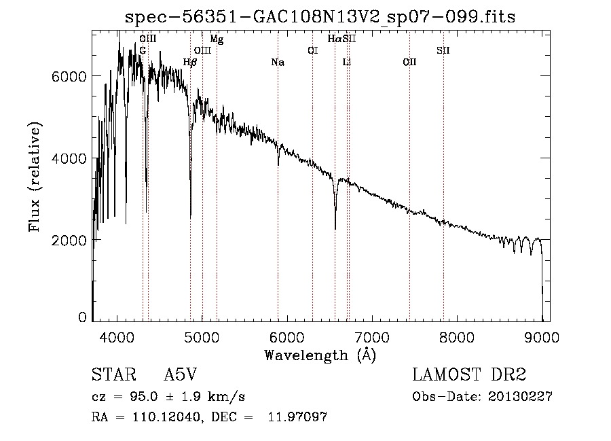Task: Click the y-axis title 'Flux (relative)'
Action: tap(35, 176)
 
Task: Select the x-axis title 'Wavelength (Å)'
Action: tap(320, 355)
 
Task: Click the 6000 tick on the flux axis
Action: tap(69, 76)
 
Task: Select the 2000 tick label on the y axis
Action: tap(69, 241)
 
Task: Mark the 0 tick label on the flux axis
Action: tap(82, 317)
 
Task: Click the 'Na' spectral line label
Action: tap(277, 63)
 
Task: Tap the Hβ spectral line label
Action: tap(190, 63)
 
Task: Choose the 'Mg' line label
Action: tap(217, 39)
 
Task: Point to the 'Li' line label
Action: tap(347, 63)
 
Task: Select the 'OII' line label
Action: tap(409, 63)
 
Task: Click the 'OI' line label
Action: tap(312, 50)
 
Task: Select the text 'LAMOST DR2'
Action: tap(468, 375)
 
